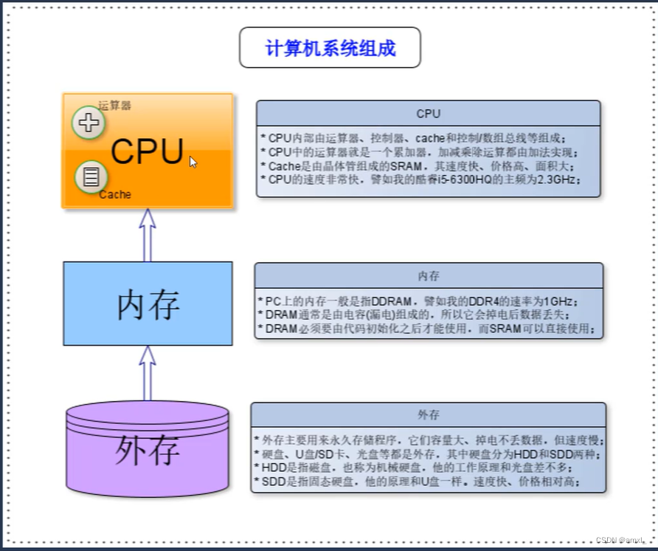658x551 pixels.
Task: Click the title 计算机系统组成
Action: coord(330,48)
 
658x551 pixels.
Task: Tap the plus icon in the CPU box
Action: coord(89,123)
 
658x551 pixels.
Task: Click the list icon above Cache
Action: coord(91,177)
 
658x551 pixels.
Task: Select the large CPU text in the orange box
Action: coord(147,151)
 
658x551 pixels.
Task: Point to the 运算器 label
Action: coord(114,106)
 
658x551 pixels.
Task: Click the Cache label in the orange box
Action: coord(115,194)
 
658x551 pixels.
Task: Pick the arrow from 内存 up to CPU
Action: coord(148,234)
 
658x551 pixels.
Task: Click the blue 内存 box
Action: coord(148,304)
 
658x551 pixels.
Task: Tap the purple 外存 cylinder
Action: coord(148,449)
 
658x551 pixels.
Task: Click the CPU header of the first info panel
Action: coord(428,114)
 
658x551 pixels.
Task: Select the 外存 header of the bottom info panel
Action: coord(428,415)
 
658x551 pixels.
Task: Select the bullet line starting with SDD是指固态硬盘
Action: coord(417,482)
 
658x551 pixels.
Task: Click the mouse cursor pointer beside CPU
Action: coord(193,161)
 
